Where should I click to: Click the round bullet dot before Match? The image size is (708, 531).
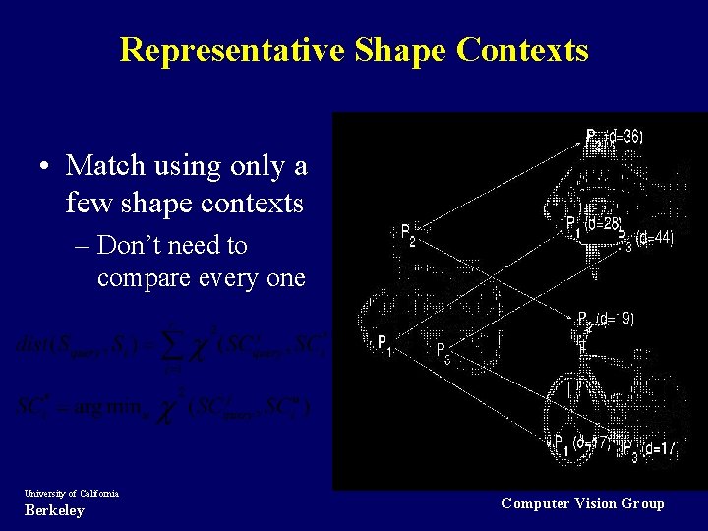point(46,168)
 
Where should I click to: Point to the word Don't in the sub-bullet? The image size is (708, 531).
point(134,245)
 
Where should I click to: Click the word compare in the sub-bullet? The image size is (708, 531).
point(147,278)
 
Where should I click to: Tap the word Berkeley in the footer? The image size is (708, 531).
point(53,510)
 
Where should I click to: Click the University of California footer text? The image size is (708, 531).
point(70,493)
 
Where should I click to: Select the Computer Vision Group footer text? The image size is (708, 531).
point(582,503)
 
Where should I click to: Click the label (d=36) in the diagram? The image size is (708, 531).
point(624,137)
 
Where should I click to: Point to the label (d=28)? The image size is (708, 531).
point(601,224)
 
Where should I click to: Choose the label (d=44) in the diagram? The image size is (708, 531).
point(654,238)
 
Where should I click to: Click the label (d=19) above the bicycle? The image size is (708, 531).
point(615,318)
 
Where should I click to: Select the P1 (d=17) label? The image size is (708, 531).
point(582,442)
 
